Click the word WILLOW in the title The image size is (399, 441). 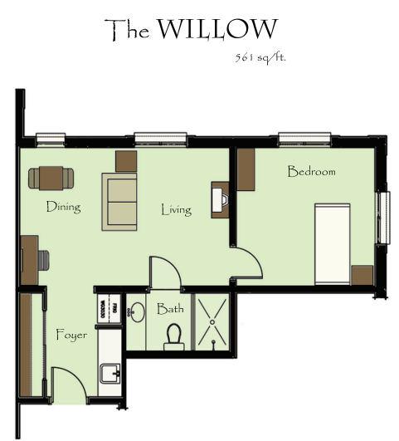[217, 29]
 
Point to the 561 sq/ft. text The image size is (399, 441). [260, 58]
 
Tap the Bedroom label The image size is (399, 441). [311, 171]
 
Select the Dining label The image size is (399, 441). [64, 207]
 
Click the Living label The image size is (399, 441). [177, 210]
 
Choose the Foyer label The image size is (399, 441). [71, 335]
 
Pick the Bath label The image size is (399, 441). [170, 309]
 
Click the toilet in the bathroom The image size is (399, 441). [174, 336]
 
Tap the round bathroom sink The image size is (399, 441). [137, 312]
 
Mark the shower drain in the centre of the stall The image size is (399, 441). [212, 322]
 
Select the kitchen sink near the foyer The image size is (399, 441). [110, 373]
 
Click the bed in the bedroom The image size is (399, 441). [333, 243]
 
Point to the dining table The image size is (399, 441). [51, 179]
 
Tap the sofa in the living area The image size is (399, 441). [119, 202]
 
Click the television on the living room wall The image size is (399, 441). [221, 199]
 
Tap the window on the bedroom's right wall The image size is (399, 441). [383, 218]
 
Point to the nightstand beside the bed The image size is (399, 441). [363, 275]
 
